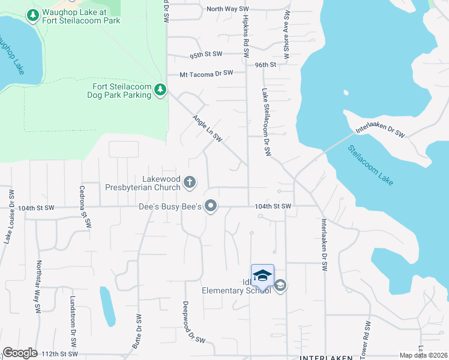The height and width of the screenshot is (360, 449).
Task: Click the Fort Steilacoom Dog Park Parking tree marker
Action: [160, 89]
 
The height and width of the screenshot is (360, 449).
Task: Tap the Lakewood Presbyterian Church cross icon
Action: [190, 182]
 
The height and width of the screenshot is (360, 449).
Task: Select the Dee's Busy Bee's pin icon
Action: [210, 206]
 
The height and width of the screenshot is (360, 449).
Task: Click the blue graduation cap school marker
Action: [262, 275]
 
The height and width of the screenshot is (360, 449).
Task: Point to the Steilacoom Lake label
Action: [370, 164]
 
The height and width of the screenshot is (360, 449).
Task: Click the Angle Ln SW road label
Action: [208, 128]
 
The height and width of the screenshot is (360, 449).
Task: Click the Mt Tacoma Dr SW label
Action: [206, 74]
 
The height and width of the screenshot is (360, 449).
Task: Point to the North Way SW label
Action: [228, 9]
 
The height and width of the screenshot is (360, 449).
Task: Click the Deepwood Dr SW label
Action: [194, 322]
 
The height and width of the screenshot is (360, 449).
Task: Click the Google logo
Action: [20, 353]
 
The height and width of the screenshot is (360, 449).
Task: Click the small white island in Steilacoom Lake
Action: [346, 93]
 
